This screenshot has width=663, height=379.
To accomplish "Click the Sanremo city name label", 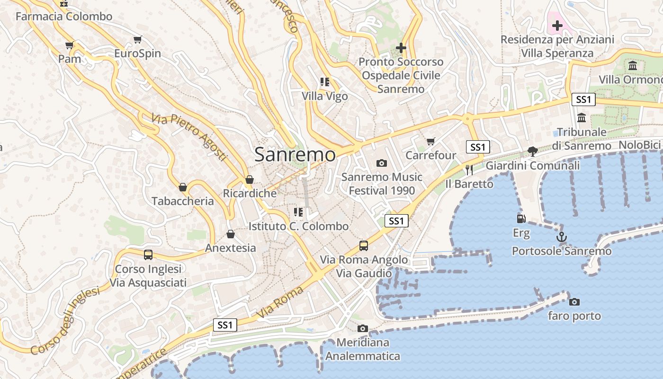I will pos(295,154).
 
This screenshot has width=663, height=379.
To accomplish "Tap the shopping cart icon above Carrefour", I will pos(430,141).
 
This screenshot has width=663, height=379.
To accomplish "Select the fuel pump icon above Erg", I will pos(521,219).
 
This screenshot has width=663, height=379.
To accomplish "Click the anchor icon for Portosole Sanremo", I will pos(561,237).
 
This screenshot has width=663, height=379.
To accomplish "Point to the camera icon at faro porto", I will pos(574,302).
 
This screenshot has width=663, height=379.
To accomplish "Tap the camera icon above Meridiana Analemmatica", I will pos(362,328).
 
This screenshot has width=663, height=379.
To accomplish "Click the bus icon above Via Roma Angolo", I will pos(363,245).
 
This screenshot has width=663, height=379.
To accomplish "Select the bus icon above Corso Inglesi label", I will pos(148,255).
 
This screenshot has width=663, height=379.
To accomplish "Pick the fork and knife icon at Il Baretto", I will pos(469,170).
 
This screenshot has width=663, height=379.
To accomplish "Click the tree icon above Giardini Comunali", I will pos(532,152).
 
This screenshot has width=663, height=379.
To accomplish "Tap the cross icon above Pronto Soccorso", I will pos(401,48).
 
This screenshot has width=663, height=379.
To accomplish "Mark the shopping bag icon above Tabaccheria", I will pos(183,187).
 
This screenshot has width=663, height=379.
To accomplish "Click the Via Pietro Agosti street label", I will pos(190,137).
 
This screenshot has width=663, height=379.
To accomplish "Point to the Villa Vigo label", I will pos(325,96).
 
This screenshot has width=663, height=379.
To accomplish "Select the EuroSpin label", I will pos(138,54).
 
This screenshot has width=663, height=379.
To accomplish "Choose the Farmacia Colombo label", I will pos(64,17).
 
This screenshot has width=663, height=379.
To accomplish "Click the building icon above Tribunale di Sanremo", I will pos(582,117).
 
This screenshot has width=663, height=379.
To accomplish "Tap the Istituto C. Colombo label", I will pos(298,226).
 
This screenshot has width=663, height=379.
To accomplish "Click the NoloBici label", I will pos(639,145).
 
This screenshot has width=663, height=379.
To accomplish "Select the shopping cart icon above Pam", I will pos(70,45).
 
